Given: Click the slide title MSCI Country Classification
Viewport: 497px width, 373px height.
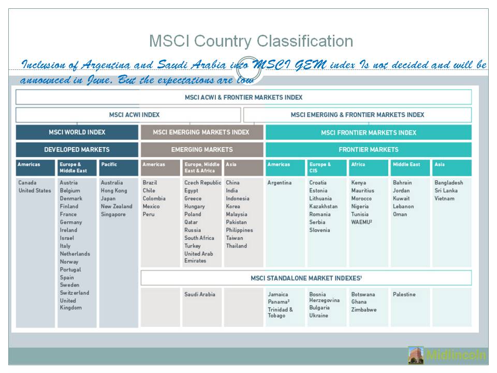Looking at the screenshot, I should coord(251,41).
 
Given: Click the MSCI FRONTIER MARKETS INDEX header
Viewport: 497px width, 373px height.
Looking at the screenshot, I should coord(368,133).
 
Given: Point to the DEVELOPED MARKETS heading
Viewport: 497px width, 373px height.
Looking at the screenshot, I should coord(77,150).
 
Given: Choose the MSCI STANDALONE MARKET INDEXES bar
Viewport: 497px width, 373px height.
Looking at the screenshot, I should coord(305,278).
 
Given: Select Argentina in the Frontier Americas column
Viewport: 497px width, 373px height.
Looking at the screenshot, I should coord(279,183).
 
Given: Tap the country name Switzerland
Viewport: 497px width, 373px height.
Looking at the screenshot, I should coord(74,293).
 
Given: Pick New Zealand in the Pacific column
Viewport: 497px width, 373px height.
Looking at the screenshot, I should coord(116,206).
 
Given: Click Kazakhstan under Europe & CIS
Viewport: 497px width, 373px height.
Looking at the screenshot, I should coord(323,206).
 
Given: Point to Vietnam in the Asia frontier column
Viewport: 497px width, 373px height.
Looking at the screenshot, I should coord(445,198).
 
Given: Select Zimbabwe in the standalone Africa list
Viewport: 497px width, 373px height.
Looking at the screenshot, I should coord(364,310).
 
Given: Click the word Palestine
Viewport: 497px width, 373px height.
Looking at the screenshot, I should coord(404,294).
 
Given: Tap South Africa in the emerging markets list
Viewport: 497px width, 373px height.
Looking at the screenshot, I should coord(199,238).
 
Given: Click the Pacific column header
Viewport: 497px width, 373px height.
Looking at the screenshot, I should coord(109,165).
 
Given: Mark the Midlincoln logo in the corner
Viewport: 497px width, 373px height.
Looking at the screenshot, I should coord(447,355).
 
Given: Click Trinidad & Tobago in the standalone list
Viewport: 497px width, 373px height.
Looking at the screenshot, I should coord(280,312).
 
